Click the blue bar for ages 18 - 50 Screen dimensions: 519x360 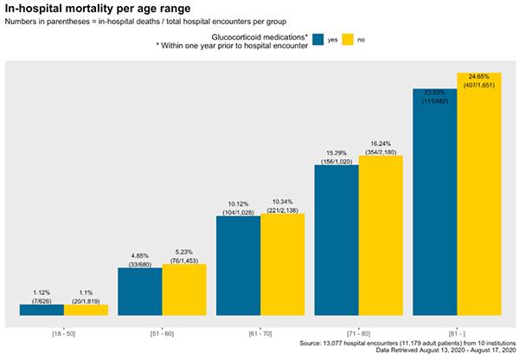tap(42, 310)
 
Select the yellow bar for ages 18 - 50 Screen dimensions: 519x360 tap(86, 310)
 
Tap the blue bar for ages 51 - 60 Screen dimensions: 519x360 tap(140, 292)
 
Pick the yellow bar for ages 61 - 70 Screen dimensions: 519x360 tap(283, 265)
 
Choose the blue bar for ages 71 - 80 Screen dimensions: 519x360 tap(336, 241)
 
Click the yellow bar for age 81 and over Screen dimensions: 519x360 tap(479, 194)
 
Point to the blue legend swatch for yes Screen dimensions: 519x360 tap(318, 40)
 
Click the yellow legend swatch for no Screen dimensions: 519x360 tap(348, 40)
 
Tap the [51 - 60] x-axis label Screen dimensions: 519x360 tap(162, 334)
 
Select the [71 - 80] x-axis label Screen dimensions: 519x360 tap(358, 334)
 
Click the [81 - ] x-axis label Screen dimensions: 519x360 tap(457, 334)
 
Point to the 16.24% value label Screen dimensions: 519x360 tap(381, 144)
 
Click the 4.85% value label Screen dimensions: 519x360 tap(139, 256)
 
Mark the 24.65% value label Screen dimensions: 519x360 tap(479, 76)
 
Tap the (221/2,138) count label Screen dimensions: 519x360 tap(283, 210)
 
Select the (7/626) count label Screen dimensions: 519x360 tap(42, 301)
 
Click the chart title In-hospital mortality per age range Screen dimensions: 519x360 tap(98, 9)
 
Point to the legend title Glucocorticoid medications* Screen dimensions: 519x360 tap(259, 37)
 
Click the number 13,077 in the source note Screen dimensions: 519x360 tap(333, 344)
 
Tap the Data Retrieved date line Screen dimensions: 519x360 tap(445, 350)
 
